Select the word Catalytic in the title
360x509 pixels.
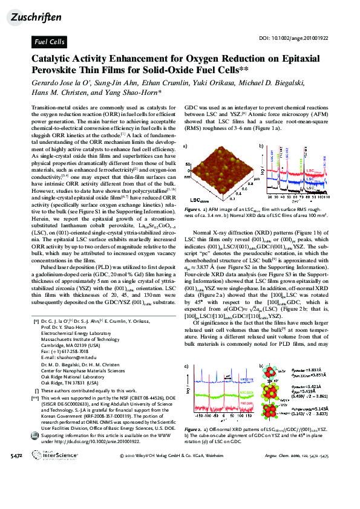(56, 59)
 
